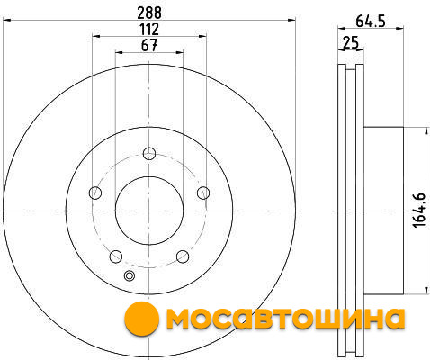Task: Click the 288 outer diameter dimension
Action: click(149, 13)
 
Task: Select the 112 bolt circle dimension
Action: click(149, 29)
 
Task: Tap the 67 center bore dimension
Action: click(149, 45)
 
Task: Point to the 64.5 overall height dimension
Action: click(371, 22)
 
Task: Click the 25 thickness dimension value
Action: click(351, 42)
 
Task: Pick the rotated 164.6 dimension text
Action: click(419, 211)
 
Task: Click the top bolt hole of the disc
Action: click(149, 154)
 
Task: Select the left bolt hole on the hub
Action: click(95, 193)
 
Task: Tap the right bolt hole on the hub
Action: click(203, 193)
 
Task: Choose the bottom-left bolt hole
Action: click(116, 256)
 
